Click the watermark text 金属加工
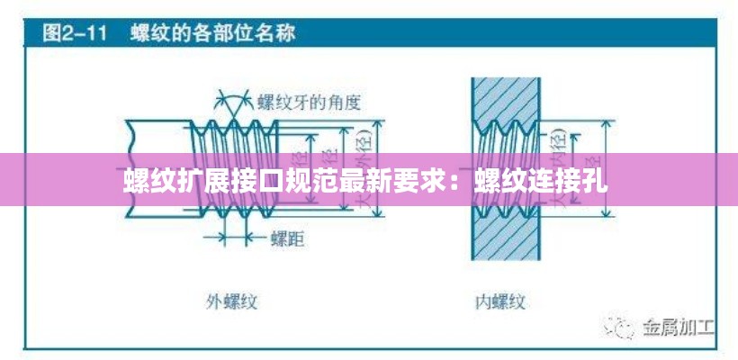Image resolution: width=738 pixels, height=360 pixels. (677, 325)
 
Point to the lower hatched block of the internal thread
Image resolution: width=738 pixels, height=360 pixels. (505, 243)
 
